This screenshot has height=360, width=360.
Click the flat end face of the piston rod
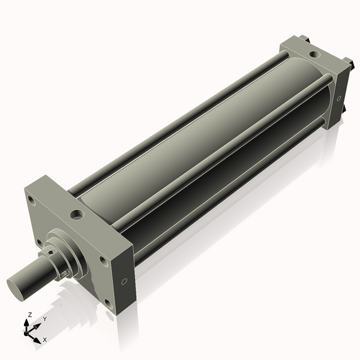[20, 284]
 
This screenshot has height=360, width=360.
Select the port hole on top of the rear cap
[315, 55]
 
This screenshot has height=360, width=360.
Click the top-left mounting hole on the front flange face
[32, 201]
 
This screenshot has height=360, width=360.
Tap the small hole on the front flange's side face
[124, 281]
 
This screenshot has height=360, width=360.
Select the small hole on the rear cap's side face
[339, 98]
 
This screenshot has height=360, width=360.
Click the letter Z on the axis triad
[29, 314]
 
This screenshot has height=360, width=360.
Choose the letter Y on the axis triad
[44, 319]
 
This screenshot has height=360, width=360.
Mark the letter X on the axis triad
[44, 340]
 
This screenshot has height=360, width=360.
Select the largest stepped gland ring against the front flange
[75, 252]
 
